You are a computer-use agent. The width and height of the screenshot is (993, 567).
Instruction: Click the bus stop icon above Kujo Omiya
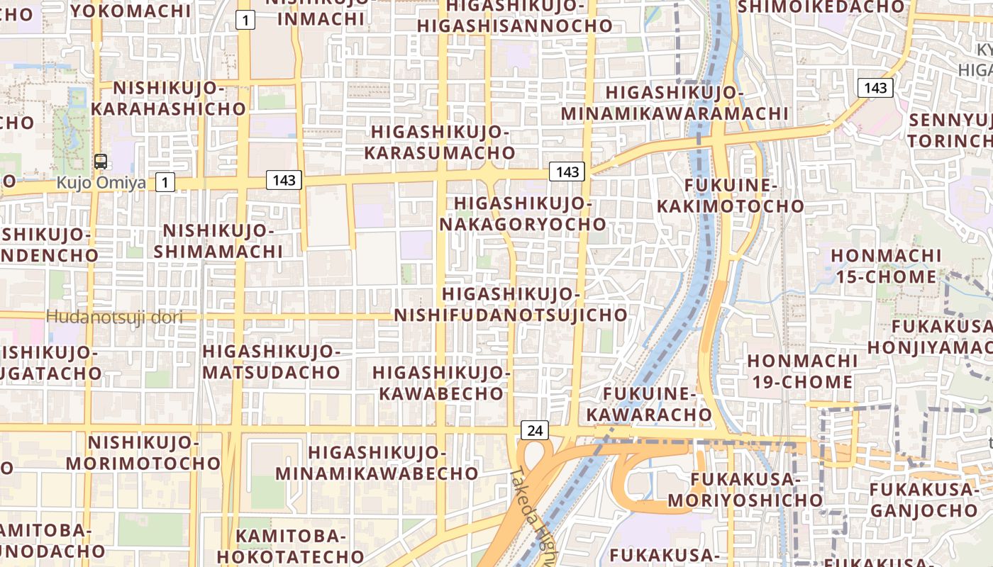pyautogui.click(x=101, y=161)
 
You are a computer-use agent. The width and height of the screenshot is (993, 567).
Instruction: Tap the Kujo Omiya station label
pyautogui.click(x=101, y=183)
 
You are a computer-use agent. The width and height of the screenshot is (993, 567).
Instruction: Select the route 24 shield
pyautogui.click(x=535, y=430)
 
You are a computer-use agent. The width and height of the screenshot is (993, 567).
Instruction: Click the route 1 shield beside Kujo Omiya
pyautogui.click(x=165, y=183)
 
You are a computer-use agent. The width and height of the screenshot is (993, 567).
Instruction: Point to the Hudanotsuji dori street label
pyautogui.click(x=114, y=317)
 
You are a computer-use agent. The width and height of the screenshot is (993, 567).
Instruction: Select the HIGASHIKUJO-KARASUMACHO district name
pyautogui.click(x=440, y=142)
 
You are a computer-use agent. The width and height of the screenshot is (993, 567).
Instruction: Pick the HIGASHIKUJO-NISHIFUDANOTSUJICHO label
pyautogui.click(x=511, y=305)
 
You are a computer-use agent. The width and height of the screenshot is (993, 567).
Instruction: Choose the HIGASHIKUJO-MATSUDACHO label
pyautogui.click(x=272, y=361)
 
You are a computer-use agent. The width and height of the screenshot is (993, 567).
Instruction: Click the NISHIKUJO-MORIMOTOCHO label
pyautogui.click(x=143, y=454)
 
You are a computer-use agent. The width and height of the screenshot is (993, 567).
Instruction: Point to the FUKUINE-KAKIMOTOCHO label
pyautogui.click(x=731, y=196)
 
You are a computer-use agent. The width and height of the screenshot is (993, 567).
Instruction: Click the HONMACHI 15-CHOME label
pyautogui.click(x=886, y=266)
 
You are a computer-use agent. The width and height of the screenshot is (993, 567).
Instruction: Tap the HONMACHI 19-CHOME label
pyautogui.click(x=802, y=371)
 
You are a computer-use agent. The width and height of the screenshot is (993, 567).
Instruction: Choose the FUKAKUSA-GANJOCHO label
pyautogui.click(x=923, y=500)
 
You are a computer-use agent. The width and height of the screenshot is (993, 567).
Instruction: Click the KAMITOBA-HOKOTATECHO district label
pyautogui.click(x=290, y=546)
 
